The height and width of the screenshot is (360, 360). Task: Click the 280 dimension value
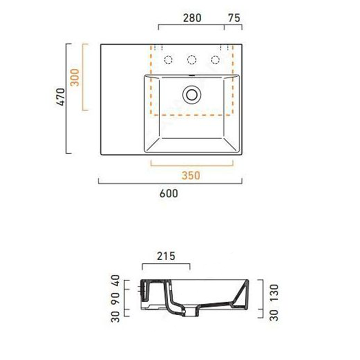[x=192, y=17]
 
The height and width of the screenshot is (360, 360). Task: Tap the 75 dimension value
[x=234, y=17]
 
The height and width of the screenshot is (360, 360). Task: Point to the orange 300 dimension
[x=76, y=77]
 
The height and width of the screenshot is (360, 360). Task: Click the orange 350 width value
[x=191, y=175]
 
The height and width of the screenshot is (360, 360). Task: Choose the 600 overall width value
[x=170, y=193]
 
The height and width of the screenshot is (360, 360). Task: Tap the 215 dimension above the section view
[x=166, y=256]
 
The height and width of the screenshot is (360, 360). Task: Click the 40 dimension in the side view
[x=115, y=281]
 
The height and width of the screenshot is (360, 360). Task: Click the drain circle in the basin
[x=191, y=94]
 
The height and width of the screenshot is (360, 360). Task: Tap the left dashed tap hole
[x=168, y=60]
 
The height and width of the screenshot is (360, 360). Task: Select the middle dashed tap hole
[x=191, y=60]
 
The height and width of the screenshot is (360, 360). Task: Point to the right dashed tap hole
[x=215, y=60]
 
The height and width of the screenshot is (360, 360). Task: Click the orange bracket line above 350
[x=191, y=165]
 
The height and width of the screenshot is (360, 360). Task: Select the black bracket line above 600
[x=170, y=183]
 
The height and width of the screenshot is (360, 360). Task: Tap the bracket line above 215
[x=166, y=265]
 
